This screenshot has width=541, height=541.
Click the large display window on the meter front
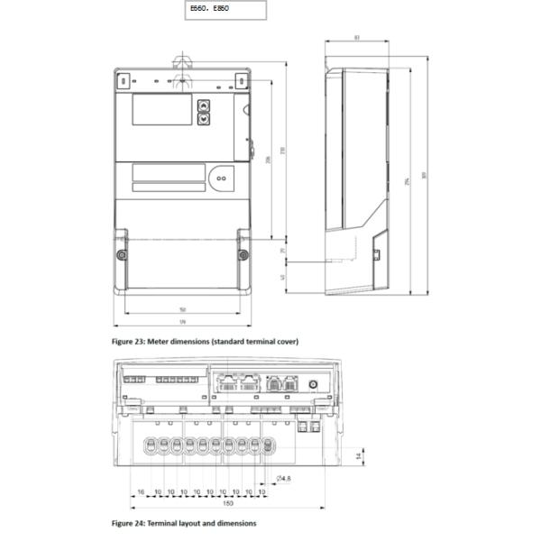click(161, 110)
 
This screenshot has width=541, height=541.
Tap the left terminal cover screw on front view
click(122, 254)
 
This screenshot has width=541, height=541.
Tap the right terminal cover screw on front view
click(243, 254)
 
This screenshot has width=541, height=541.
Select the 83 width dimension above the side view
click(357, 38)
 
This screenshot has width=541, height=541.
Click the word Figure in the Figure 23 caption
click(123, 342)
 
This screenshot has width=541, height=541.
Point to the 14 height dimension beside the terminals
click(358, 457)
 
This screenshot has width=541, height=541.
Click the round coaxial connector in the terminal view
click(312, 384)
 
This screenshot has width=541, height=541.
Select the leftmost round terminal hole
click(152, 446)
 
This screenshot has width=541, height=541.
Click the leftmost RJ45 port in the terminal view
click(225, 381)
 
